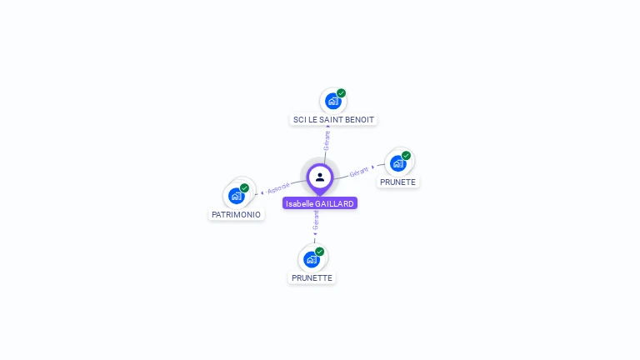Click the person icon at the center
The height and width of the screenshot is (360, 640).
(x=320, y=177)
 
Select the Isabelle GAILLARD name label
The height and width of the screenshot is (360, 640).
(x=320, y=203)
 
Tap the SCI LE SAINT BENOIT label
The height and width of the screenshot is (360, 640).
(x=333, y=119)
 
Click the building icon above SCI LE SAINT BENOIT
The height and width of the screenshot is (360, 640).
(x=332, y=102)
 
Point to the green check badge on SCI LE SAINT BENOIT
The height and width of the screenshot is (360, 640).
(x=342, y=93)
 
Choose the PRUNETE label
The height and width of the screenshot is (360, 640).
(x=397, y=182)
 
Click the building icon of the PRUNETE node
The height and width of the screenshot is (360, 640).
(x=398, y=163)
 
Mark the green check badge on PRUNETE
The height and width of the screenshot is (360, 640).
(x=407, y=156)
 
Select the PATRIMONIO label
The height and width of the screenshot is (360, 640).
(x=236, y=214)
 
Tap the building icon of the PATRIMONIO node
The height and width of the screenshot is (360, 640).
(x=236, y=196)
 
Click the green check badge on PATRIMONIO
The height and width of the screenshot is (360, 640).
(x=245, y=187)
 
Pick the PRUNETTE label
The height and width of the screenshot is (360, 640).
(x=312, y=277)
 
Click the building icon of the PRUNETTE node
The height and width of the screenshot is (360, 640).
(x=311, y=259)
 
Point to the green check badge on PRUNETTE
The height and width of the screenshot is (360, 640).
(x=320, y=251)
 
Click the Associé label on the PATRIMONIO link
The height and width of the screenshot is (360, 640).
(x=278, y=187)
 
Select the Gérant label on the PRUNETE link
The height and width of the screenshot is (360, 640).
(x=359, y=172)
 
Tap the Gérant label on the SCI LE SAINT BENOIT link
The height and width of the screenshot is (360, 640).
(x=327, y=140)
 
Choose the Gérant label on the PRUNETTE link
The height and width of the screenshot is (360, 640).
(x=316, y=220)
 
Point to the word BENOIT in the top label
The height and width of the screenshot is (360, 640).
(x=359, y=119)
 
